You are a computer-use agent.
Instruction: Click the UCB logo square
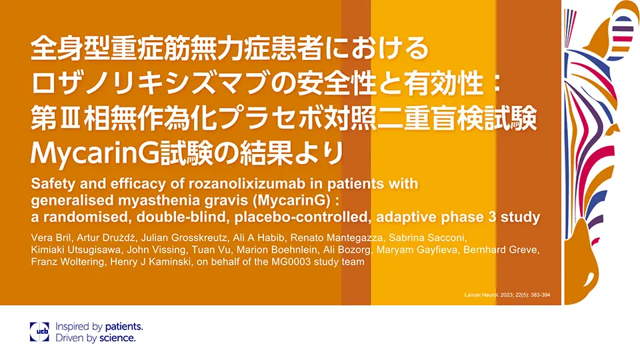click(x=39, y=332)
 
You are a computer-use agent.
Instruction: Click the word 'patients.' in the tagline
click(x=124, y=327)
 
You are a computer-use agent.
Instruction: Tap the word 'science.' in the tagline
click(x=117, y=338)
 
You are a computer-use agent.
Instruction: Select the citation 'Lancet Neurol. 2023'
click(x=489, y=295)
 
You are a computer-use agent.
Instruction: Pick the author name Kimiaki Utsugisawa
click(x=75, y=250)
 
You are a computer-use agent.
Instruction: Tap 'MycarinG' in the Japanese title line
click(x=94, y=154)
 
